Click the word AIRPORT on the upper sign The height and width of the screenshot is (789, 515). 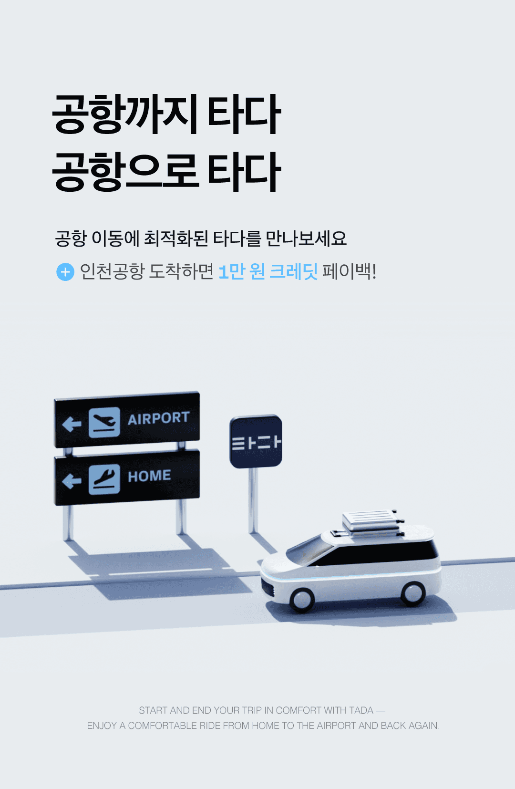pyautogui.click(x=158, y=418)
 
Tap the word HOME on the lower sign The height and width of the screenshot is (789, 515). pyautogui.click(x=149, y=476)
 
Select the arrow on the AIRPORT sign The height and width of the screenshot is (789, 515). pyautogui.click(x=72, y=424)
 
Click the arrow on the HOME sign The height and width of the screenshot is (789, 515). pyautogui.click(x=72, y=481)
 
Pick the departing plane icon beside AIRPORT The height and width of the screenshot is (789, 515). pyautogui.click(x=104, y=422)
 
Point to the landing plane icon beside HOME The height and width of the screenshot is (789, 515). pyautogui.click(x=104, y=479)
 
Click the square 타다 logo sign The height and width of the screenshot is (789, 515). pyautogui.click(x=256, y=442)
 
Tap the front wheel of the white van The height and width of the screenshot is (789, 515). pyautogui.click(x=302, y=599)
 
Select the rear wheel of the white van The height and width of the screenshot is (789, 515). pyautogui.click(x=412, y=593)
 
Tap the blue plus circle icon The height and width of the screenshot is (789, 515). pyautogui.click(x=65, y=272)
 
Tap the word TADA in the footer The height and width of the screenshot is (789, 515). pyautogui.click(x=361, y=710)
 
